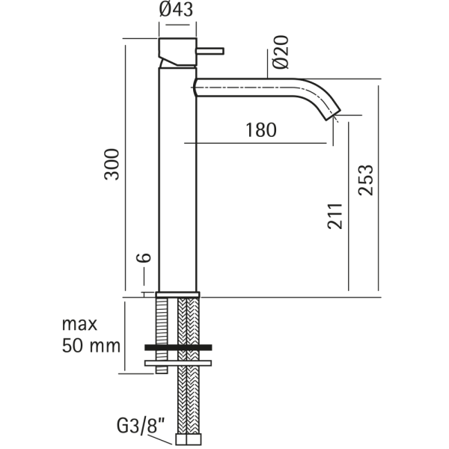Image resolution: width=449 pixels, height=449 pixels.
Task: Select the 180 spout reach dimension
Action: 260,129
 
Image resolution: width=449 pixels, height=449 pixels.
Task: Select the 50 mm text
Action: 91,346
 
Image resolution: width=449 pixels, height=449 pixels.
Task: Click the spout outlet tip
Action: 332,114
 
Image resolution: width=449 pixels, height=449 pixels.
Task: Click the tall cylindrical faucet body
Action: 177,180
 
